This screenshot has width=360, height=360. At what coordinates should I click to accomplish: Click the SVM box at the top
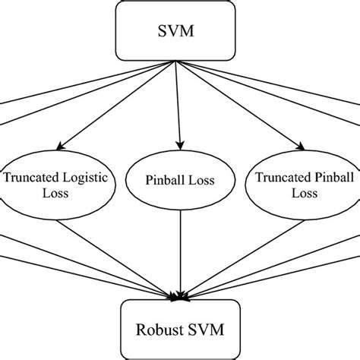(180, 33)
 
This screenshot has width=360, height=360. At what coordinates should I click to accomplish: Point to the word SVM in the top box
(180, 33)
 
